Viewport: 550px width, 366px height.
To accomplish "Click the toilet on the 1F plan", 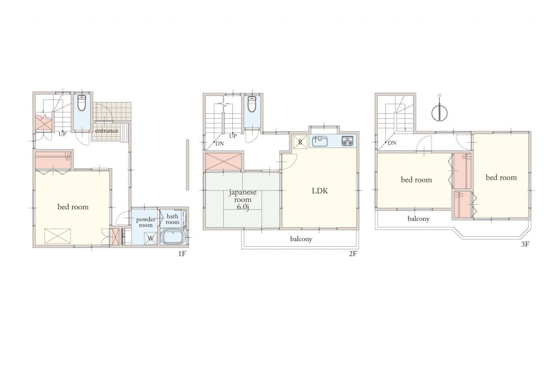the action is [82, 103].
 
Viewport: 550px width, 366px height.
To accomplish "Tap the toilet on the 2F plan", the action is [252, 104].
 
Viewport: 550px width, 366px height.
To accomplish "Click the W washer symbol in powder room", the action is [150, 238].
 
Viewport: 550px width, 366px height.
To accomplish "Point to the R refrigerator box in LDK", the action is [300, 142].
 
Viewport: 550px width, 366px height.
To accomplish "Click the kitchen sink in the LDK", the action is [319, 141].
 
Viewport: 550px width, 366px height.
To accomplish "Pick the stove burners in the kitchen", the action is [348, 141].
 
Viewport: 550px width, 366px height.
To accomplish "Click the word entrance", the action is [107, 131].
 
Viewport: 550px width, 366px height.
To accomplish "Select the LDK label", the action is [320, 191].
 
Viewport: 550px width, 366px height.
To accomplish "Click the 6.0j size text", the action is [243, 207].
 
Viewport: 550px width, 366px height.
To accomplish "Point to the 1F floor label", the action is [182, 254].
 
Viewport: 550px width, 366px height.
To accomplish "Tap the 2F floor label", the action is [353, 254].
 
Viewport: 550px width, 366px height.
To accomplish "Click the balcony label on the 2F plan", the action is [301, 239].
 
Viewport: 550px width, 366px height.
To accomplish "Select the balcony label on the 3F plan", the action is [419, 219].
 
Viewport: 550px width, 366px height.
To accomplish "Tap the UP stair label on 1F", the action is [62, 134].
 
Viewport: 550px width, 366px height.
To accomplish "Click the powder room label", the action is [146, 222].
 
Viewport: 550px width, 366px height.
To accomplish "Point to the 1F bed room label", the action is [73, 207].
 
